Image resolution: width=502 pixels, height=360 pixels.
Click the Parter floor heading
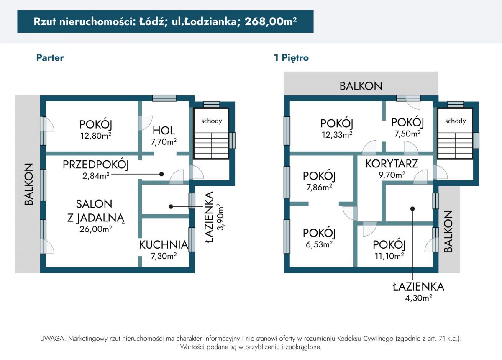pyautogui.click(x=50, y=58)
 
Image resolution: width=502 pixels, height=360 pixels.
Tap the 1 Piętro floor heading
pyautogui.click(x=291, y=58)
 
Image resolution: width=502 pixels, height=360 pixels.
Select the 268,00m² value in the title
pyautogui.click(x=271, y=21)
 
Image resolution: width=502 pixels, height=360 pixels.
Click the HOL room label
pyautogui.click(x=164, y=131)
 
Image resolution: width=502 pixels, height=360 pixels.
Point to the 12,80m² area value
pyautogui.click(x=96, y=136)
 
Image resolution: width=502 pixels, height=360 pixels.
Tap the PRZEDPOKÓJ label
pyautogui.click(x=96, y=165)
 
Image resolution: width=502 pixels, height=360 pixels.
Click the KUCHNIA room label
pyautogui.click(x=164, y=245)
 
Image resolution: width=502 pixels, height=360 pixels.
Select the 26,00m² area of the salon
pyautogui.click(x=96, y=229)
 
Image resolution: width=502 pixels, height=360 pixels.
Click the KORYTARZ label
pyautogui.click(x=392, y=164)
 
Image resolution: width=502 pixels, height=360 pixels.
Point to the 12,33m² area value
pyautogui.click(x=337, y=134)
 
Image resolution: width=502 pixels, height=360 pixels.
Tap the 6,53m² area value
pyautogui.click(x=319, y=244)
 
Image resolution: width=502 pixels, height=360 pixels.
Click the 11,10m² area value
pyautogui.click(x=389, y=256)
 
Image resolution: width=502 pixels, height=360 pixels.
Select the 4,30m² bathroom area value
pyautogui.click(x=418, y=298)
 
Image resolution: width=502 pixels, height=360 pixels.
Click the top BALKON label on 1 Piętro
pyautogui.click(x=361, y=86)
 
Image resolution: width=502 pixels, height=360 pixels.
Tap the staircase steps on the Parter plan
pyautogui.click(x=211, y=145)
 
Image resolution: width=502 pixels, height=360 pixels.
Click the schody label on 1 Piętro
pyautogui.click(x=456, y=121)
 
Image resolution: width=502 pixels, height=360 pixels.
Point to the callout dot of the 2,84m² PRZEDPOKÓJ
pyautogui.click(x=161, y=174)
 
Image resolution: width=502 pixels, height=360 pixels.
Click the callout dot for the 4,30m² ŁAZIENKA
pyautogui.click(x=412, y=209)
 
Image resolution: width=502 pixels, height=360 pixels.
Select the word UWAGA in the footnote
pyautogui.click(x=53, y=339)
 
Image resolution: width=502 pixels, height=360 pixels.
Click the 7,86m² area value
pyautogui.click(x=319, y=187)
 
